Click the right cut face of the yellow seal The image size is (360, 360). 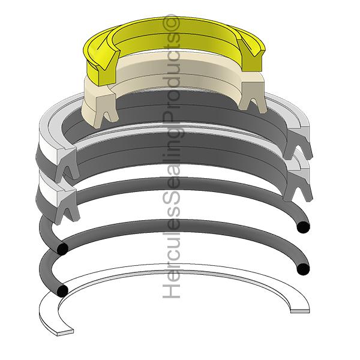click(251, 58)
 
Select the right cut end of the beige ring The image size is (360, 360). click(253, 97)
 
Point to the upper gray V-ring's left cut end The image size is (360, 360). click(67, 163)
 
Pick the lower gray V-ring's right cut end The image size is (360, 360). click(298, 185)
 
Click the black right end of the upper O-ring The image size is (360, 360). click(303, 227)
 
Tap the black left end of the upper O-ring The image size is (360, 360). click(62, 249)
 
